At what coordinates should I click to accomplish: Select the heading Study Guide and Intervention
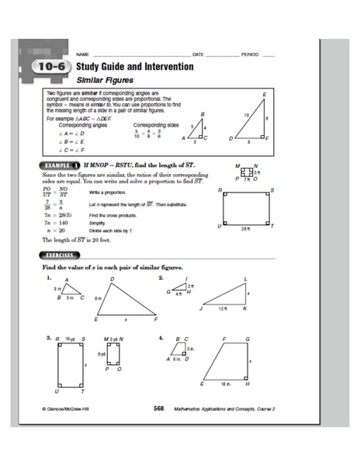click(x=134, y=67)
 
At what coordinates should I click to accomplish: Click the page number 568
click(x=159, y=408)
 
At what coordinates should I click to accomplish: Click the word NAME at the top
click(x=72, y=54)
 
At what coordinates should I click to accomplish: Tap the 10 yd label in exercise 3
click(x=70, y=339)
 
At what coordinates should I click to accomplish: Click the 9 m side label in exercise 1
click(x=98, y=298)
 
